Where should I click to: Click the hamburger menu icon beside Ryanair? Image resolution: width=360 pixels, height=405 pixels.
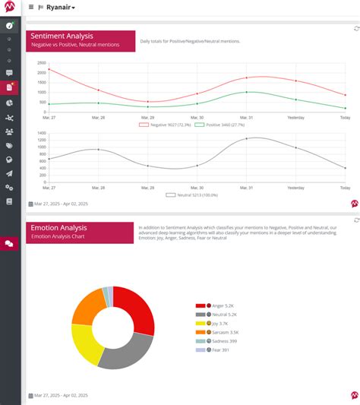click(30, 7)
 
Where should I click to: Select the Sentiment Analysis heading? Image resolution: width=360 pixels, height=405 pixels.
click(61, 35)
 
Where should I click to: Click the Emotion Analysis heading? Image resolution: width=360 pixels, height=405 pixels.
click(58, 227)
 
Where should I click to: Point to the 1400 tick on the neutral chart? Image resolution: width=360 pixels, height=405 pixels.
click(41, 133)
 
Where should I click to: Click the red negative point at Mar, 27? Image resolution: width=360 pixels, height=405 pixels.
click(49, 69)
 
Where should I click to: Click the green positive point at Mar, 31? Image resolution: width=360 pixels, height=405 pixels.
click(246, 92)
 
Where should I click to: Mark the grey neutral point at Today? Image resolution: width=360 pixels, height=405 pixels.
click(346, 168)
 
